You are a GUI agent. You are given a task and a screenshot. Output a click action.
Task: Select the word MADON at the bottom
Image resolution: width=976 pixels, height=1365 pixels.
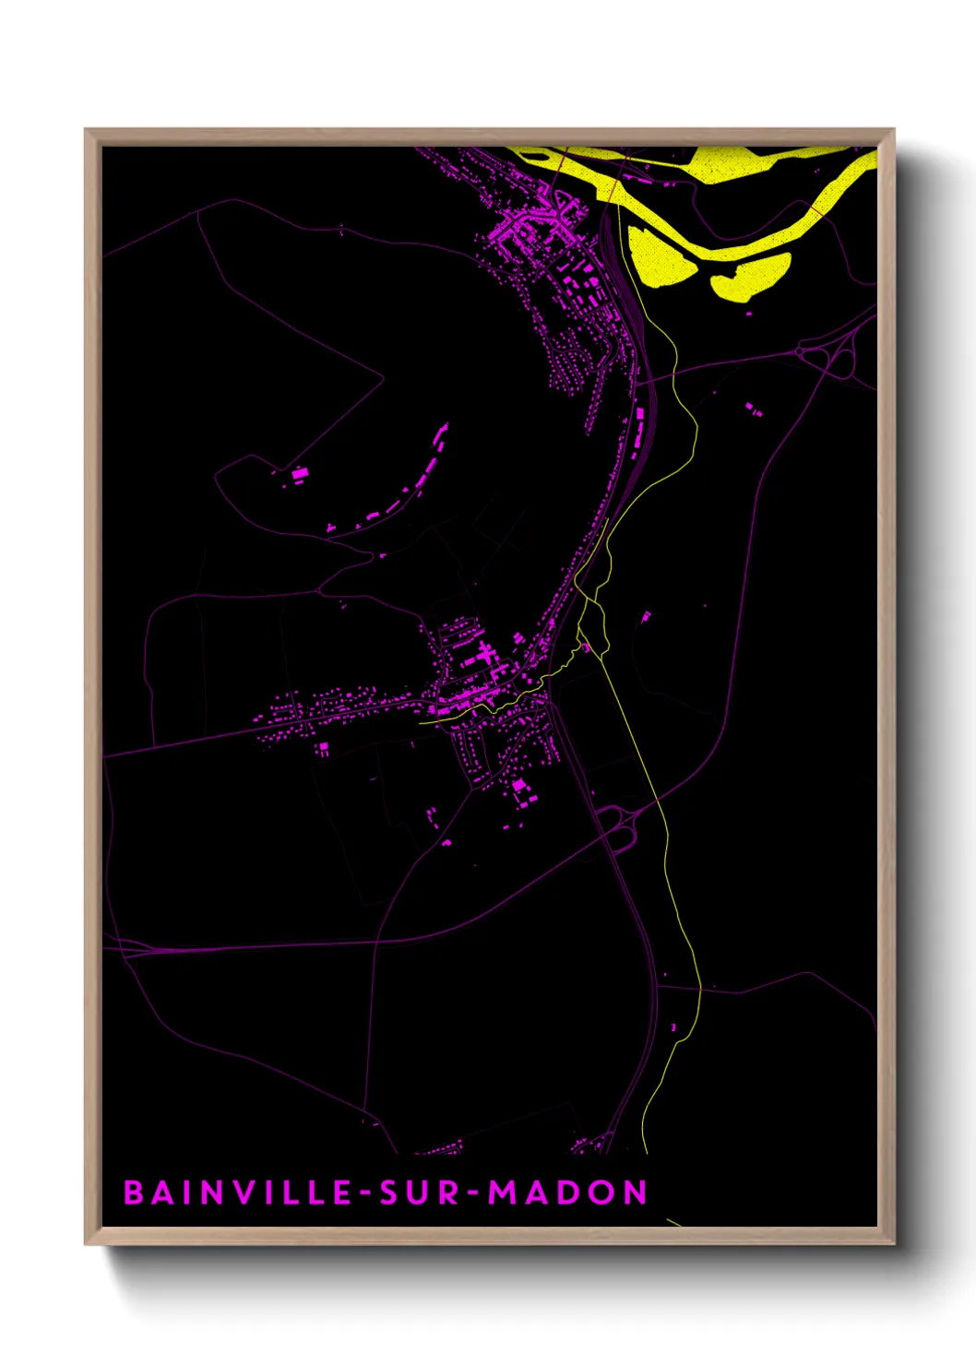pos(567,1193)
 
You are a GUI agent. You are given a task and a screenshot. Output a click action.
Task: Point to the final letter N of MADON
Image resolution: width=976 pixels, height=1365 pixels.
pos(636,1193)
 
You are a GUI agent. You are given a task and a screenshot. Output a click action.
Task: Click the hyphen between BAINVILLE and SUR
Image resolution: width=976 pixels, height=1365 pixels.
pos(366,1193)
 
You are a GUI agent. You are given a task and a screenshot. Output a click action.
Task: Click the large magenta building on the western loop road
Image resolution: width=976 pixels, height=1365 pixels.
pos(300,474)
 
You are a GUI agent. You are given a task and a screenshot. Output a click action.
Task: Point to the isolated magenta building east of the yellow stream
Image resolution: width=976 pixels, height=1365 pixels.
pos(646,616)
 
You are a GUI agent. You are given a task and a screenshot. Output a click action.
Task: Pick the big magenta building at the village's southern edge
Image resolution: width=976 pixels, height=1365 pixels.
pos(519,786)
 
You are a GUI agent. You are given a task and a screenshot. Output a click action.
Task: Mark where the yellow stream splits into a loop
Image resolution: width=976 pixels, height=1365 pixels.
pos(583,599)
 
